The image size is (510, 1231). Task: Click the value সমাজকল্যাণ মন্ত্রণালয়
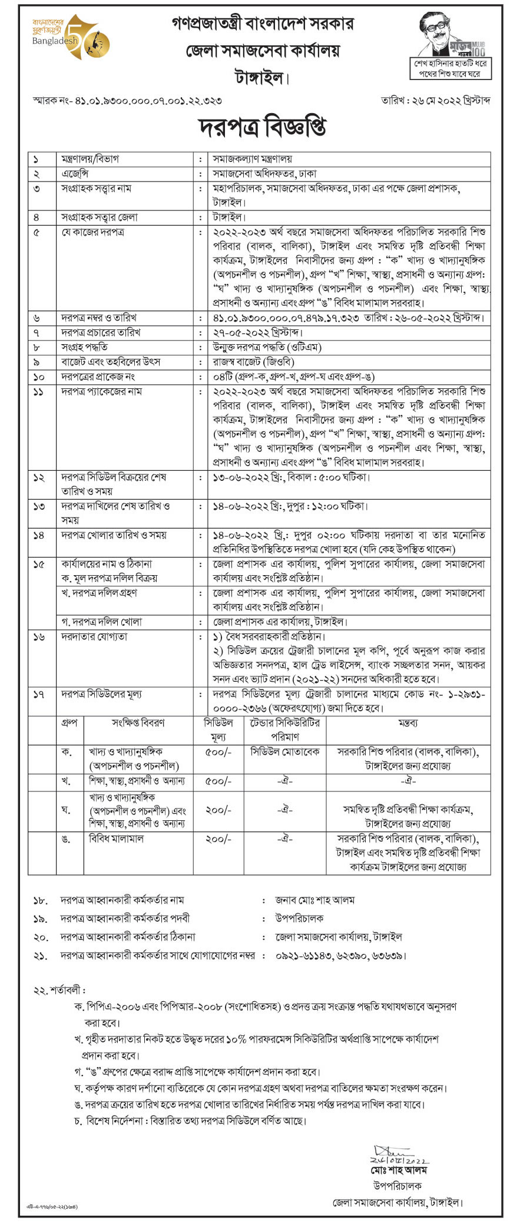point(253,159)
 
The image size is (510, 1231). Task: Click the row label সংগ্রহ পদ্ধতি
point(85,347)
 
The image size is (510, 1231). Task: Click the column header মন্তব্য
point(408,723)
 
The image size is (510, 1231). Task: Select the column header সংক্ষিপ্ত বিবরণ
point(138,723)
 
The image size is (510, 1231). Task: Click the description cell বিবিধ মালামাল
point(116,839)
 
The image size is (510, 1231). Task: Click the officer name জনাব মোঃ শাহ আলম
point(315,900)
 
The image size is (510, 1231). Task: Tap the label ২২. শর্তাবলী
point(59,991)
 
